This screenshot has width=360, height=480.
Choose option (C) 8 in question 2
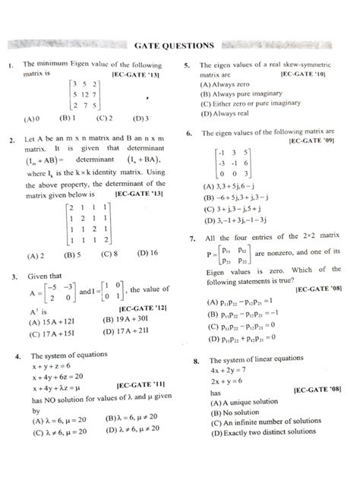point(107,254)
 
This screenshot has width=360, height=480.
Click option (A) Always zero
point(226,86)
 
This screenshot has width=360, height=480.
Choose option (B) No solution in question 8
point(231,412)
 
